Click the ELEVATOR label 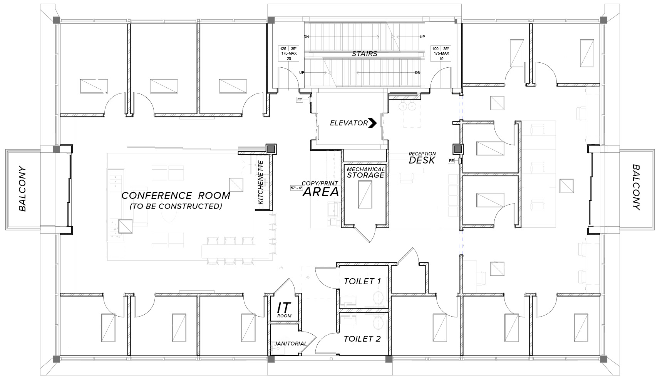pos(348,123)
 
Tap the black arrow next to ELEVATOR pos(373,123)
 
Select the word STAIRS pos(365,54)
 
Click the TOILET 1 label pos(362,281)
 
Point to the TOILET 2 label pos(362,339)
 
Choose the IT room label pos(284,310)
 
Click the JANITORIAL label pos(290,344)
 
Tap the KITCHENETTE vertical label pos(260,182)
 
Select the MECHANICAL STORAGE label pos(365,172)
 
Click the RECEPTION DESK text pos(422,158)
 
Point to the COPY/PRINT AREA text pos(320,189)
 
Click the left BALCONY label pos(22,189)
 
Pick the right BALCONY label pos(637,187)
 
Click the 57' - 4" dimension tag pos(296,188)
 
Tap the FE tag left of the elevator pos(300,100)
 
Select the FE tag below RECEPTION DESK pos(451,161)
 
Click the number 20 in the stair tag pos(289,59)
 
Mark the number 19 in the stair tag pos(441,59)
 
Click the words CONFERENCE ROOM pos(176,195)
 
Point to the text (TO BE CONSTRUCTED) pos(176,206)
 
